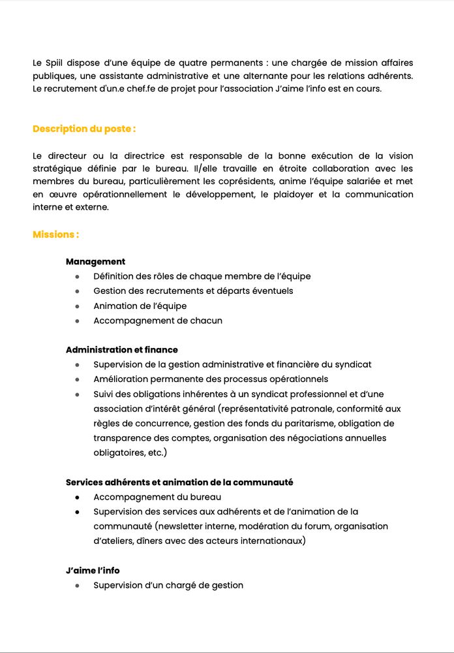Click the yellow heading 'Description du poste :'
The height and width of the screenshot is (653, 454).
[x=84, y=129]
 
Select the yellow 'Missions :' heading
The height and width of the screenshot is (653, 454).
[x=56, y=234]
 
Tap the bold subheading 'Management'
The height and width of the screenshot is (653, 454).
[x=95, y=262]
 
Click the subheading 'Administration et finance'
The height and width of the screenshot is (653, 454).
[x=122, y=350]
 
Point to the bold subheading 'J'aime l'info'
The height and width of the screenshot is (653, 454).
[x=93, y=571]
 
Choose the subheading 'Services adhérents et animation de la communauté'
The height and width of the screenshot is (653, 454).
[x=179, y=483]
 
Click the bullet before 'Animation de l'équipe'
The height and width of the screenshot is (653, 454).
[x=77, y=306]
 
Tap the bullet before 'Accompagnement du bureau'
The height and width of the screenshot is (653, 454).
[x=77, y=498]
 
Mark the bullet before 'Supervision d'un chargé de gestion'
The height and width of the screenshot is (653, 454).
[x=77, y=586]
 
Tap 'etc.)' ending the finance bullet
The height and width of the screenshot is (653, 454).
[x=155, y=453]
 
